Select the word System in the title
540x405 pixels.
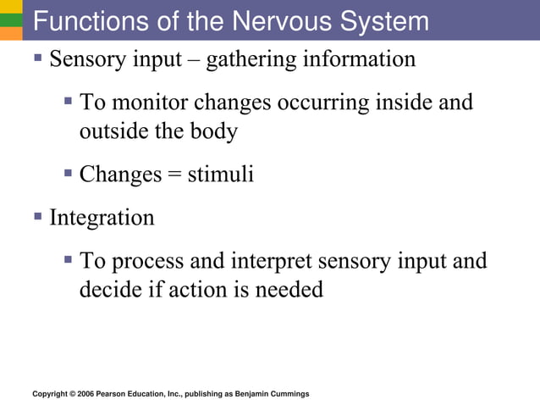(385, 20)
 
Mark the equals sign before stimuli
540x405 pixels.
(174, 175)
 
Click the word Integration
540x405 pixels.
(102, 218)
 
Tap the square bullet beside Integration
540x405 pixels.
(38, 217)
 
